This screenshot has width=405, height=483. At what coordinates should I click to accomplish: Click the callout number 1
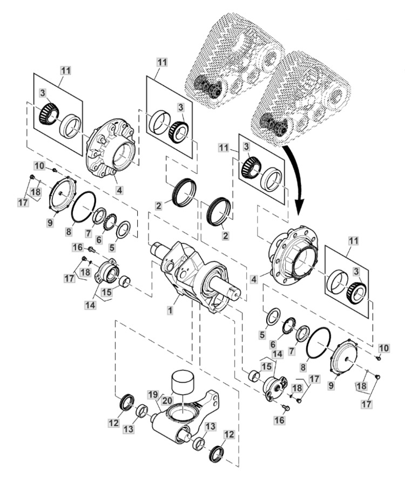click(170, 310)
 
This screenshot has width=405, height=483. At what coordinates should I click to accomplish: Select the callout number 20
click(167, 400)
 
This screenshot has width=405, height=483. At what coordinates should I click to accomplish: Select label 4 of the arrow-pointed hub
click(254, 279)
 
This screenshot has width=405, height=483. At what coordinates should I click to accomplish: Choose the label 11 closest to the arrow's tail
click(224, 147)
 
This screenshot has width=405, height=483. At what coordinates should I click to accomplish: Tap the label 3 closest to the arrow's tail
click(246, 146)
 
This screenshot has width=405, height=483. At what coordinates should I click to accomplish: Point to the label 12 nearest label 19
click(113, 423)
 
